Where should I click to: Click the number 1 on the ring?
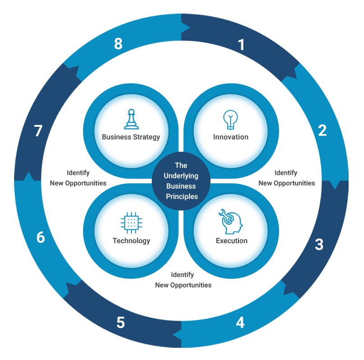coord(241,45)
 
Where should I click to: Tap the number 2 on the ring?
coord(322,130)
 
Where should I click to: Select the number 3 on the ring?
coord(319,245)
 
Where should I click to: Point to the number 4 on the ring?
coord(240,323)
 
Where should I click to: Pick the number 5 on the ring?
coord(121,323)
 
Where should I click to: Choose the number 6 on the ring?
coord(41,237)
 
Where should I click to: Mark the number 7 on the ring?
coord(38,131)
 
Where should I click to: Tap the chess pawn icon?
coord(131,119)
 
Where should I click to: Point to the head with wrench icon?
coord(230,221)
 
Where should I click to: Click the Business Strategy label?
coord(131,137)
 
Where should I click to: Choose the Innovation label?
coord(231,137)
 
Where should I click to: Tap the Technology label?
coord(131,240)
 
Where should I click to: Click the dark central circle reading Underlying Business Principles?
coord(181,180)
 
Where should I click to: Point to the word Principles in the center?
coord(181,196)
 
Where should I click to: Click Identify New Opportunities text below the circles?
coord(183,280)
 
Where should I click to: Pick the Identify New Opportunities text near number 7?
coord(78,178)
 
